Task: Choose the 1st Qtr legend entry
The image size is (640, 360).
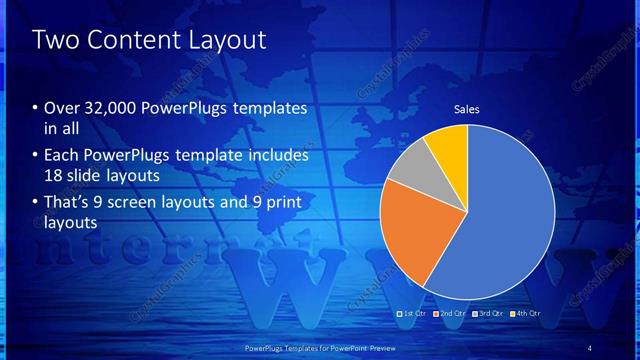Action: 413,314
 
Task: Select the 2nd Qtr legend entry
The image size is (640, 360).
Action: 449,314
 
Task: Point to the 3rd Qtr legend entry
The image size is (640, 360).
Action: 488,314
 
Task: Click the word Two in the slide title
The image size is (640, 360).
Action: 52,40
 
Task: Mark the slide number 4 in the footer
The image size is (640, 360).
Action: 590,348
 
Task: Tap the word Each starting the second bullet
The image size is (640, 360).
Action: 62,156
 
